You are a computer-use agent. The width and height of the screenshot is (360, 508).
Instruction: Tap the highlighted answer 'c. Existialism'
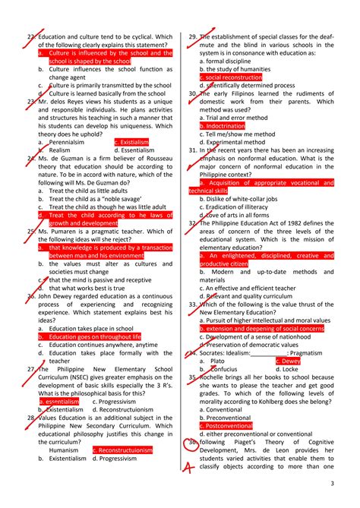pyautogui.click(x=131, y=142)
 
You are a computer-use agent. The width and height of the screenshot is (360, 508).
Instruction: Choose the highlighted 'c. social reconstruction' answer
pyautogui.click(x=233, y=77)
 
